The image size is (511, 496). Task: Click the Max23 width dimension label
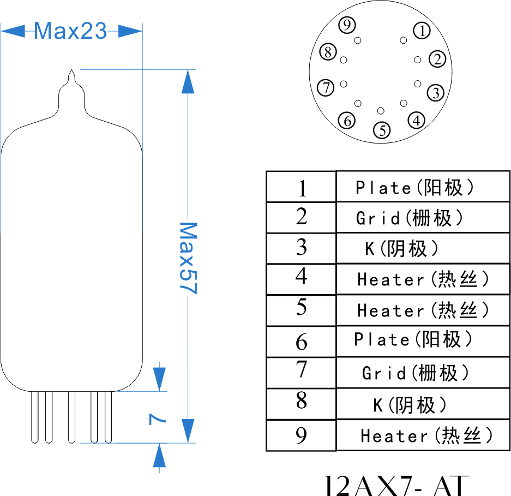70,31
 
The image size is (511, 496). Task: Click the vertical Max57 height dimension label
188,258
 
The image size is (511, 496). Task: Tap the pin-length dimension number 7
157,419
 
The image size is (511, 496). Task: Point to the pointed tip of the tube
71,70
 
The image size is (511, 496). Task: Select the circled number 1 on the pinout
422,31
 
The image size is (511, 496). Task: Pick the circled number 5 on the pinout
382,130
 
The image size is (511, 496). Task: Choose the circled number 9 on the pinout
347,25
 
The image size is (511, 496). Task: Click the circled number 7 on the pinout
326,87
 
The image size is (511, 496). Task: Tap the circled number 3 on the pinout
436,93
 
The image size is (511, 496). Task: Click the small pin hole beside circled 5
381,111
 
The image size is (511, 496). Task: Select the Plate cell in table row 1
423,187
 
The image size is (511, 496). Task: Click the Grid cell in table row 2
423,218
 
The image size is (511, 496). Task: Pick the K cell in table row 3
423,248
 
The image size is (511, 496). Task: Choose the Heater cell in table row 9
423,435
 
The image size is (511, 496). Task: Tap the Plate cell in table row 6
423,341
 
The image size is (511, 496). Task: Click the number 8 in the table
302,400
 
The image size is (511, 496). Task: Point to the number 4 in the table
302,276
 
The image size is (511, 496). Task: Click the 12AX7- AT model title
397,485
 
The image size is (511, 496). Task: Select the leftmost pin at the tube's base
35,417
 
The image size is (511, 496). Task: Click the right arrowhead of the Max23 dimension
130,31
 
